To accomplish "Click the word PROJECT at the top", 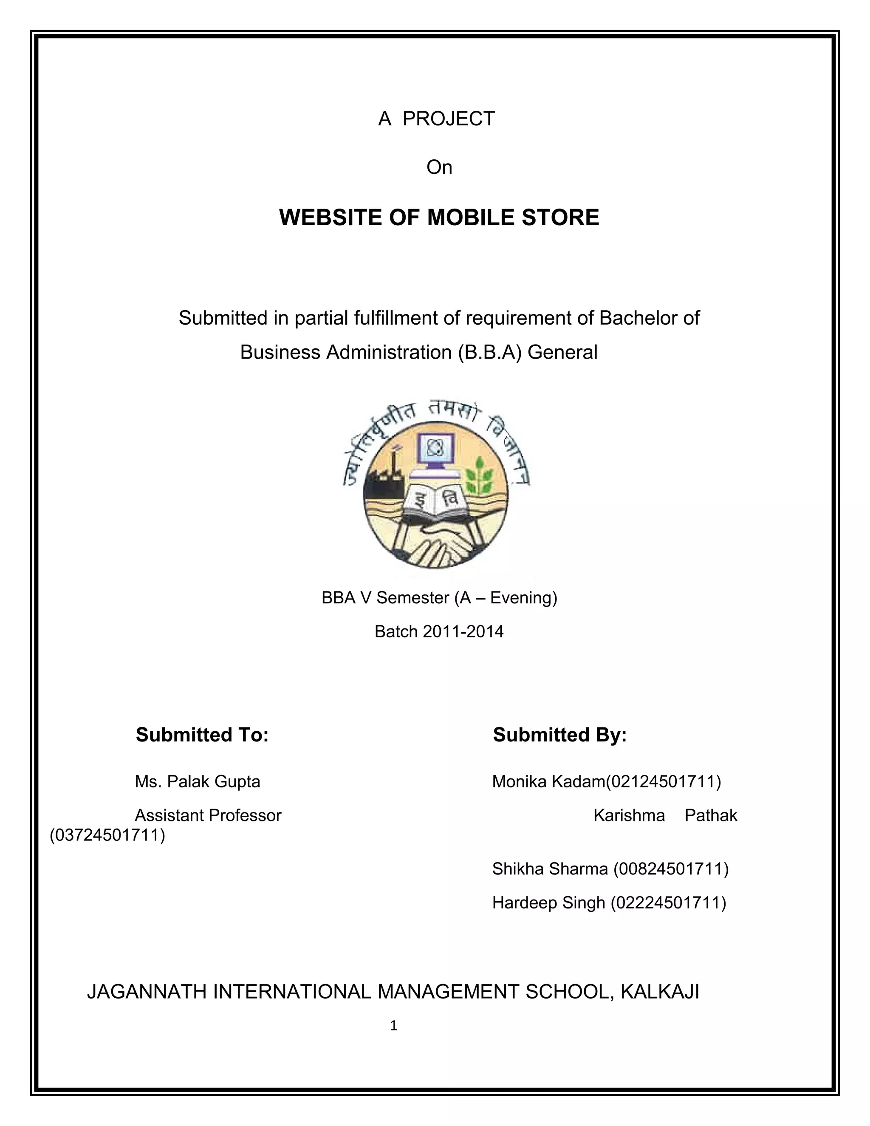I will pyautogui.click(x=449, y=119).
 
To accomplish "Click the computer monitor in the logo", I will pyautogui.click(x=435, y=450).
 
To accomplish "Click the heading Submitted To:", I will pyautogui.click(x=202, y=735).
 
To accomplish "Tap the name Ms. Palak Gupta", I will pyautogui.click(x=198, y=781).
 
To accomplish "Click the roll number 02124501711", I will pyautogui.click(x=663, y=781).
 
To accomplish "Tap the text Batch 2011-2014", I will pyautogui.click(x=438, y=631).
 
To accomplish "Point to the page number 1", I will pyautogui.click(x=394, y=1026).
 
